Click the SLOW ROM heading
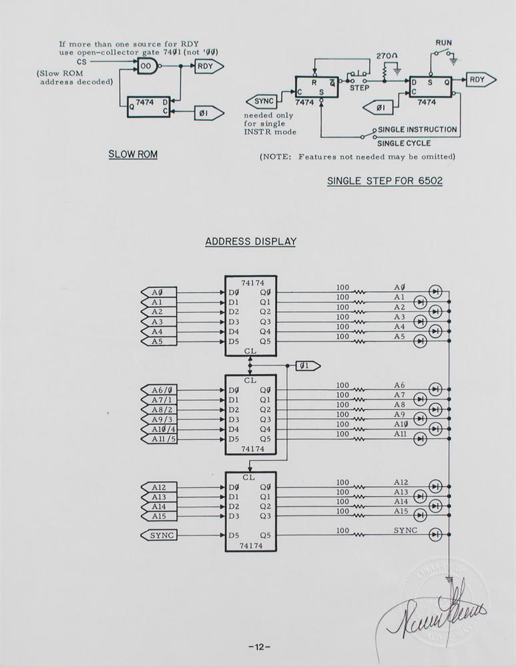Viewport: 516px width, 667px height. [x=133, y=155]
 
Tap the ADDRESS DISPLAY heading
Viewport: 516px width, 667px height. [x=250, y=241]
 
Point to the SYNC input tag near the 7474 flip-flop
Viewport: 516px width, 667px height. [x=262, y=101]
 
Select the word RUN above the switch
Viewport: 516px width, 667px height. [x=444, y=43]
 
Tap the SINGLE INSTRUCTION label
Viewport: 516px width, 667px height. [x=417, y=129]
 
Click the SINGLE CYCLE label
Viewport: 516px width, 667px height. [x=404, y=143]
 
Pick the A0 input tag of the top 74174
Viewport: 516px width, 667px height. [x=158, y=292]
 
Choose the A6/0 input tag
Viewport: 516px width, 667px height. [x=160, y=390]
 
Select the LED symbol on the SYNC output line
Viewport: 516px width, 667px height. [x=436, y=534]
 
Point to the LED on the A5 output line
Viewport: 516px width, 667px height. [x=421, y=342]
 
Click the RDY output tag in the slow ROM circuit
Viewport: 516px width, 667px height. [x=208, y=66]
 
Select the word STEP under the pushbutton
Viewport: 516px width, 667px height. [x=360, y=87]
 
